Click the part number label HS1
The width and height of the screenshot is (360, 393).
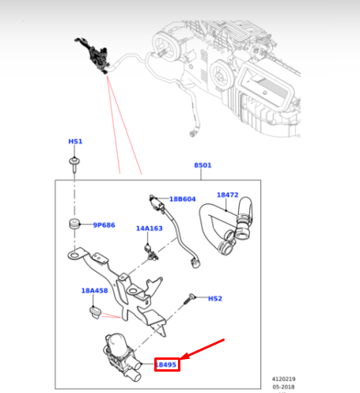point(75,142)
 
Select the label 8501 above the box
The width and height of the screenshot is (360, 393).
point(203,165)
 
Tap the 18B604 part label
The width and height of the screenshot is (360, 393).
point(182,199)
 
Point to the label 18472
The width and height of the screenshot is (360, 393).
point(227,194)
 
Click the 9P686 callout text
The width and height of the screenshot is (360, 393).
point(104,225)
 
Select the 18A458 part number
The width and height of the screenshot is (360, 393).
point(93,290)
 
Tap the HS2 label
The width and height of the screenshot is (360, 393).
point(214,299)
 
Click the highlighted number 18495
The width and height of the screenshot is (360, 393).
point(166,365)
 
